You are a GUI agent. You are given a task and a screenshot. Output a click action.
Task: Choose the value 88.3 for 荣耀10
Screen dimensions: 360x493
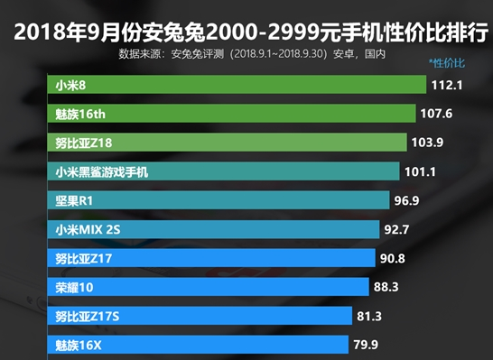point(386,287)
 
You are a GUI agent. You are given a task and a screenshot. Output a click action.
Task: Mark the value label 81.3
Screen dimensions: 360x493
point(369,316)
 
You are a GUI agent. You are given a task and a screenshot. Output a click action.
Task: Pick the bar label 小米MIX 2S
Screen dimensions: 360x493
point(88,229)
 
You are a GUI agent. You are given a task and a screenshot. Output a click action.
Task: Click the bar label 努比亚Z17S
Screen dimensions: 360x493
point(87,316)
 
